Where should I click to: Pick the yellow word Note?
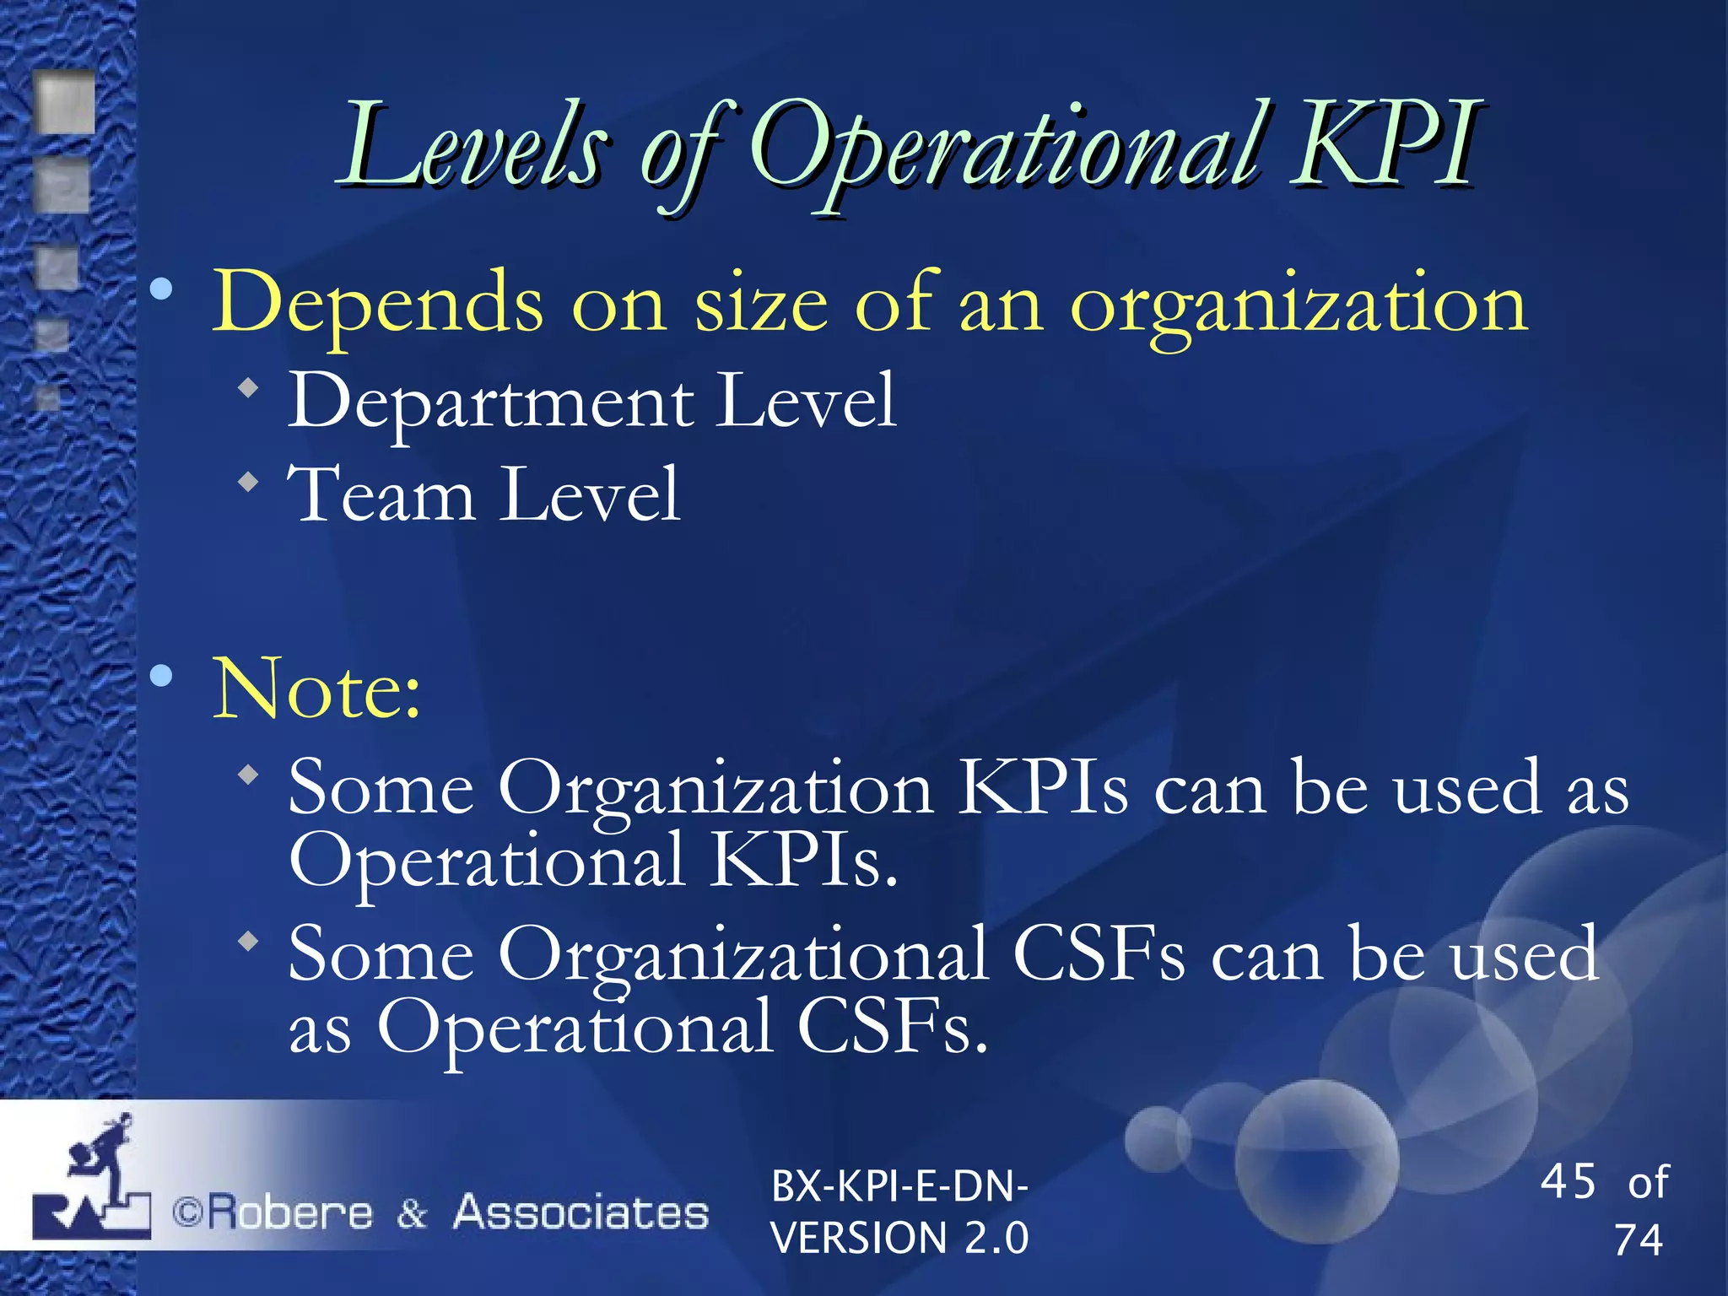(x=316, y=690)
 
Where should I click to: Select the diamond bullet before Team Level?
(x=248, y=483)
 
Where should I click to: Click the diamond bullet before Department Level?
(x=248, y=388)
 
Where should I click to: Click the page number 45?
(x=1568, y=1181)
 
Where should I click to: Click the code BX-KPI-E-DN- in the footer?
(x=899, y=1186)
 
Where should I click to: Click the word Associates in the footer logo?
(x=580, y=1213)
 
